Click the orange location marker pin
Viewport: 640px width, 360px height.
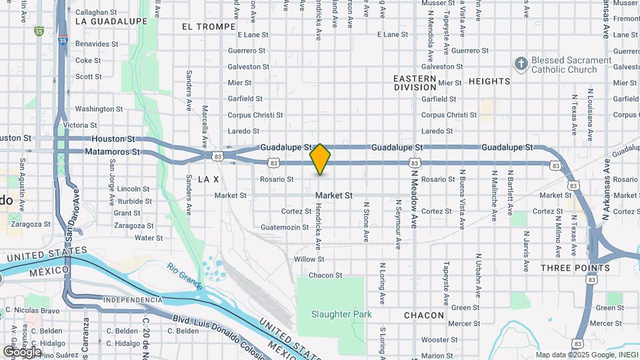321,159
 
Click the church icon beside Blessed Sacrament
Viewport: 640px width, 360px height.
521,64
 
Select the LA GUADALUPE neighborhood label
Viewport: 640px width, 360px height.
111,21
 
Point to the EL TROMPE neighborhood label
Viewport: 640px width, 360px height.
208,27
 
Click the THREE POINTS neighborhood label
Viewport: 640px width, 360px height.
575,268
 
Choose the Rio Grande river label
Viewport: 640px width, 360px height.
185,275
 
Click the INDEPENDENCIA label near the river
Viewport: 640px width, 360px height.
133,299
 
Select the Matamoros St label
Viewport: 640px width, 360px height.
113,152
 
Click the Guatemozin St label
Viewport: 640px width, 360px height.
286,227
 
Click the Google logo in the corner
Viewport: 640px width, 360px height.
22,351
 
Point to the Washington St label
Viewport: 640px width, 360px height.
99,109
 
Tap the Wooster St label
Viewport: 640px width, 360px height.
438,340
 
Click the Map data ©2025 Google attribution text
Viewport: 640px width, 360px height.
586,355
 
